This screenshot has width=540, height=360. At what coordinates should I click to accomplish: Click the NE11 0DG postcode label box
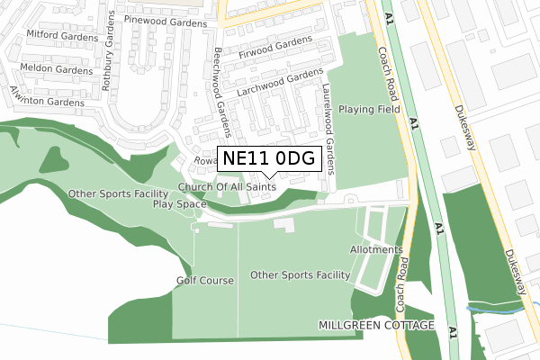click(x=268, y=158)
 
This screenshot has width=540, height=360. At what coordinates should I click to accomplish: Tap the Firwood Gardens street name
click(x=274, y=49)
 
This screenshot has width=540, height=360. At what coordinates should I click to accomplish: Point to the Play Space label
click(x=179, y=203)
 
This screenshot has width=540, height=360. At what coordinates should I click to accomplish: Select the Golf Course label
click(x=205, y=281)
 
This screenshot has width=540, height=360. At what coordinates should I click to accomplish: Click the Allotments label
click(x=375, y=249)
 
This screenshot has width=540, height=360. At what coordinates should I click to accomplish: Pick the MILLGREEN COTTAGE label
click(x=376, y=324)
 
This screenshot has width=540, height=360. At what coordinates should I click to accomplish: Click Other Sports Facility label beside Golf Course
click(x=300, y=274)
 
